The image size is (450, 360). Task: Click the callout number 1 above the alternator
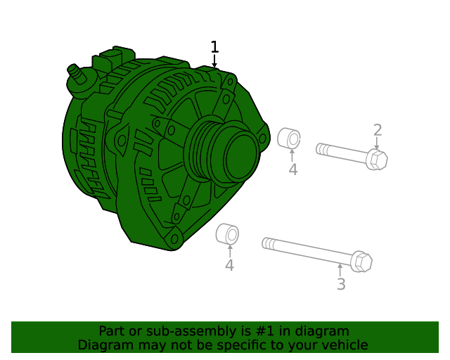click(214, 47)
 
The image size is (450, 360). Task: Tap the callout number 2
click(378, 130)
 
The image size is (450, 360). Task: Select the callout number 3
click(341, 285)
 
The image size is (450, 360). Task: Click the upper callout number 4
click(292, 169)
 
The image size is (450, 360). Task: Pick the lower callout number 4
click(229, 265)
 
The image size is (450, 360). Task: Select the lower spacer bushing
click(227, 235)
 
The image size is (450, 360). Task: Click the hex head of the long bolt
click(361, 262)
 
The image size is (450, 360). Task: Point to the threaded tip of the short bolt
click(321, 148)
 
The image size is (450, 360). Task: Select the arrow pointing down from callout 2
click(377, 143)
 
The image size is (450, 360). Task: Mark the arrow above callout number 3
click(340, 270)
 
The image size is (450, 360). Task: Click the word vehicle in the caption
click(344, 345)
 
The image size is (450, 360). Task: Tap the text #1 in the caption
click(269, 331)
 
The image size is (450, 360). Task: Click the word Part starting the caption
click(111, 331)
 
